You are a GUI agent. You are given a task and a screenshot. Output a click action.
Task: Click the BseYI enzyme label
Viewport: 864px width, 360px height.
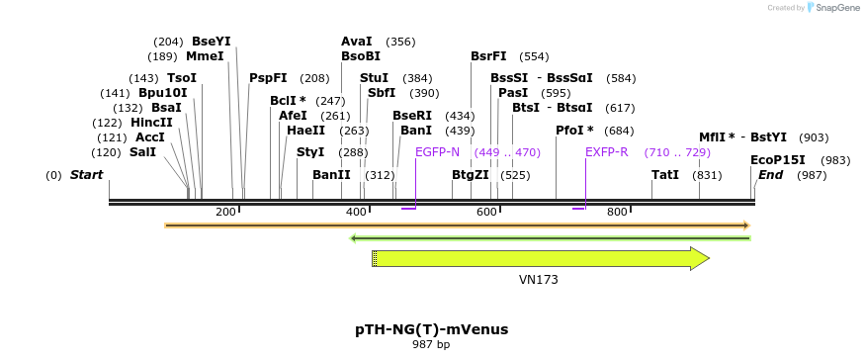[211, 42]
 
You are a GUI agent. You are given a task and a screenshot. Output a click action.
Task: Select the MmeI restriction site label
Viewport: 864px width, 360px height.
[205, 56]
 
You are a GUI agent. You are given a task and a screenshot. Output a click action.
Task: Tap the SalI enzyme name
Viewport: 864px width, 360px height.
[142, 152]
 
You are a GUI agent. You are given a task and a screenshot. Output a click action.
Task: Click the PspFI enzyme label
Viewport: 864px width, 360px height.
[268, 78]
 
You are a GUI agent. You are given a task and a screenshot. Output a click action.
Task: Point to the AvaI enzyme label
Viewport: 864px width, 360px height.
[357, 42]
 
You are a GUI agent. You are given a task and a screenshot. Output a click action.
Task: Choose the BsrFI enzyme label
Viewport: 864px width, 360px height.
[488, 56]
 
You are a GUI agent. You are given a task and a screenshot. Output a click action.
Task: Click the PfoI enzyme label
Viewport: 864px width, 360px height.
[574, 131]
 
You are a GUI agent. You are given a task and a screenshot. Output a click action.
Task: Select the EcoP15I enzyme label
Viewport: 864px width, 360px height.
[778, 160]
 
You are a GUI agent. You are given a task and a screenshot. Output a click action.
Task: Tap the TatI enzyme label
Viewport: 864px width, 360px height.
[665, 175]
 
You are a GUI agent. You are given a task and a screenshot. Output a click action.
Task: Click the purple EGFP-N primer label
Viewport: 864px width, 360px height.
[437, 152]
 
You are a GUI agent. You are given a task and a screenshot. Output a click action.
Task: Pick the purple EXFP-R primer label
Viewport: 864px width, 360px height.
[607, 152]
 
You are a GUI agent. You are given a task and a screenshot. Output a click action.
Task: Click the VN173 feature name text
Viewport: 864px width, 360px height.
[539, 280]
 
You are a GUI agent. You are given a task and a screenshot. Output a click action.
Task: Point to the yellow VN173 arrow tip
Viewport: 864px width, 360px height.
[707, 258]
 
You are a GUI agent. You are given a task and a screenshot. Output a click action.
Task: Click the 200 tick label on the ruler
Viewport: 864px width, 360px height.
[225, 212]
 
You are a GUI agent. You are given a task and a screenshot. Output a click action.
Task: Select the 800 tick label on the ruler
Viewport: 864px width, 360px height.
[618, 212]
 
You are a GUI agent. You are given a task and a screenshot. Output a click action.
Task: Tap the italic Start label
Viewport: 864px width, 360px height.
[86, 175]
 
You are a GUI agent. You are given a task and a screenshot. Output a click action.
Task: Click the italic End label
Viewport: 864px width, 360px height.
[771, 175]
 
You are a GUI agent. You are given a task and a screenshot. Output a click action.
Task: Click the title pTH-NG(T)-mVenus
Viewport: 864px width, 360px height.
[432, 328]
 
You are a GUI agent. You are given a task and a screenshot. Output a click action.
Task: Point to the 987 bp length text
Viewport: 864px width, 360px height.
[431, 345]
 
